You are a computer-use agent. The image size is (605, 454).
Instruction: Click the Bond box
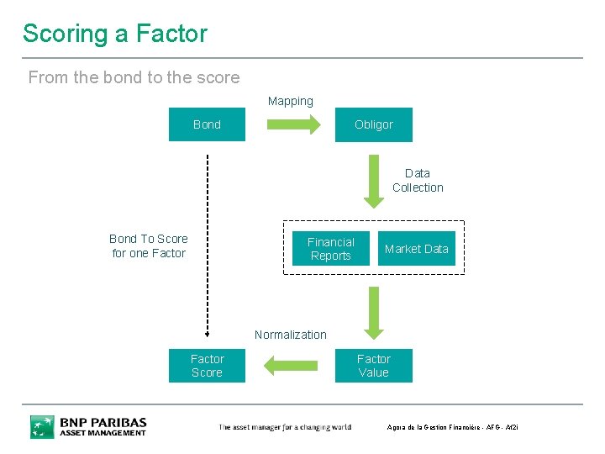tap(207, 124)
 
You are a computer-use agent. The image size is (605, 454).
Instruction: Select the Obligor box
tap(373, 124)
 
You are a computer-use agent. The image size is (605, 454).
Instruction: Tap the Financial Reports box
tap(330, 249)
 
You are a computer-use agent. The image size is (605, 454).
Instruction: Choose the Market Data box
tap(416, 249)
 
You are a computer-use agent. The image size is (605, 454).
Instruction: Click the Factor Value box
tap(373, 366)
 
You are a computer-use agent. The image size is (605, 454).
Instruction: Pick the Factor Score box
tap(207, 366)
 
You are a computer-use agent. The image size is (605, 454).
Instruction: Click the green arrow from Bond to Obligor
tap(293, 124)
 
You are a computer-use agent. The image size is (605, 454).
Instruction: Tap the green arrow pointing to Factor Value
tap(373, 312)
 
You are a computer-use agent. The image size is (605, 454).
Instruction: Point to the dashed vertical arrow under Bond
tap(207, 244)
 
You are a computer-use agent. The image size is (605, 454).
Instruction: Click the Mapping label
tap(290, 101)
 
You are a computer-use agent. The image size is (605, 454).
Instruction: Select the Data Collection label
tap(418, 181)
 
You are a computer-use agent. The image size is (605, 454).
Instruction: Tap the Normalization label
tap(290, 335)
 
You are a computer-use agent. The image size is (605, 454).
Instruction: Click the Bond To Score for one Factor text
tap(149, 245)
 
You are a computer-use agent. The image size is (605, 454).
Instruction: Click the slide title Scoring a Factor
tap(115, 34)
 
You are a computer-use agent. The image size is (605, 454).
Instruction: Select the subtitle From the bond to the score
tap(134, 77)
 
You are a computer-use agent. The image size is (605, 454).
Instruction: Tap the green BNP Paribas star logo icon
tap(42, 426)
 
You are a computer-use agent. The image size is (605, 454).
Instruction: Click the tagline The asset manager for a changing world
tap(285, 428)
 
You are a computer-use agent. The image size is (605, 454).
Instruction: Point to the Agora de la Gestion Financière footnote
tap(452, 428)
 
